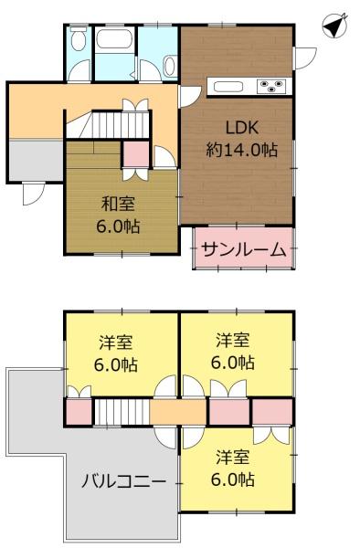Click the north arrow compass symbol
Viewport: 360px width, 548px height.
click(336, 26)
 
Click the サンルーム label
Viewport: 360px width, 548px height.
click(244, 248)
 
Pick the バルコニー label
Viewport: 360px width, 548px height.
click(123, 480)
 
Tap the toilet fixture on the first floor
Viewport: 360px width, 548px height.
click(79, 40)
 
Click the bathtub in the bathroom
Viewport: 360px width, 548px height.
click(115, 40)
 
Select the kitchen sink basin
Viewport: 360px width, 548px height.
click(228, 87)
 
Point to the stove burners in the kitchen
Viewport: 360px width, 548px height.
click(273, 87)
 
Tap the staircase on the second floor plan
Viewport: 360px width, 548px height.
click(122, 411)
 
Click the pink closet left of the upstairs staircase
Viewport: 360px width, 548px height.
click(79, 411)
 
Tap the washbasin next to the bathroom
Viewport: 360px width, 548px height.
click(170, 64)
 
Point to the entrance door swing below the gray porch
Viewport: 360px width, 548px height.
click(32, 193)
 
